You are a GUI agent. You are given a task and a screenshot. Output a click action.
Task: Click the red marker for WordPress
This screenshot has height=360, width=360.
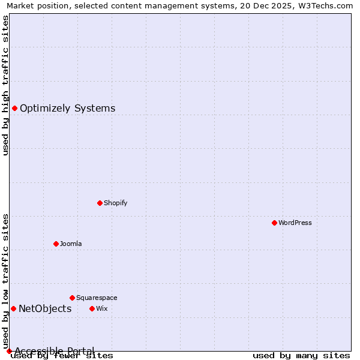click(x=274, y=223)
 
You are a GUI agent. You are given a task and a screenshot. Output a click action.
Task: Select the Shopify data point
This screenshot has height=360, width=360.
click(x=100, y=203)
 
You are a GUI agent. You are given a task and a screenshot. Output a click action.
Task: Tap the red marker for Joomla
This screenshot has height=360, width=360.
click(x=56, y=244)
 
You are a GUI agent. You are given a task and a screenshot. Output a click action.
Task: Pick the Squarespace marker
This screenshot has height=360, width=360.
click(x=72, y=298)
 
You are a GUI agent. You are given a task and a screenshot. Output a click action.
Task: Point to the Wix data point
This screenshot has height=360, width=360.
click(x=92, y=308)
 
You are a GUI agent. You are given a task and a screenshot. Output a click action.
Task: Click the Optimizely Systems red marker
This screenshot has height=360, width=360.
click(x=14, y=108)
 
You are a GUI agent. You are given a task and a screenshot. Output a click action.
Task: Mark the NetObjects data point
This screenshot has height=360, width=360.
click(x=13, y=308)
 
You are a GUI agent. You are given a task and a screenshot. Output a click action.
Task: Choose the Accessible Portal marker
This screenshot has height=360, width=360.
click(x=9, y=351)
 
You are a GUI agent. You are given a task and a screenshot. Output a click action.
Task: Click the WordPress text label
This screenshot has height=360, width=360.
click(x=295, y=223)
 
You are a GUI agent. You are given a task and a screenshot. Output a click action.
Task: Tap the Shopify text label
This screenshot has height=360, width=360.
click(x=115, y=203)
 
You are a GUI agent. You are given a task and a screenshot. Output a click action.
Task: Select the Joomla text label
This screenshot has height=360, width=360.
click(x=71, y=244)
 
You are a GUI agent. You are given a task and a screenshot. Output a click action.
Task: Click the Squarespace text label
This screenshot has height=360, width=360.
click(x=97, y=298)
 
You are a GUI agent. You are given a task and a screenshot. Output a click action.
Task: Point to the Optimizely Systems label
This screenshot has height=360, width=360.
click(x=67, y=109)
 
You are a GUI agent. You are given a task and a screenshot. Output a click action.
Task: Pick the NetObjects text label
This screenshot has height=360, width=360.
click(x=45, y=309)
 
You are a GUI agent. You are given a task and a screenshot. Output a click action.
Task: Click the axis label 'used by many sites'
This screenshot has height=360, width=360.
click(x=301, y=356)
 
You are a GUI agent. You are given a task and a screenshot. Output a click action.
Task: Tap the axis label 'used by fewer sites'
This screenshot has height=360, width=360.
click(x=62, y=356)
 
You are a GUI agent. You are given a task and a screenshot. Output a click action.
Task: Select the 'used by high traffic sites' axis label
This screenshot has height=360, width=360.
click(x=6, y=85)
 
